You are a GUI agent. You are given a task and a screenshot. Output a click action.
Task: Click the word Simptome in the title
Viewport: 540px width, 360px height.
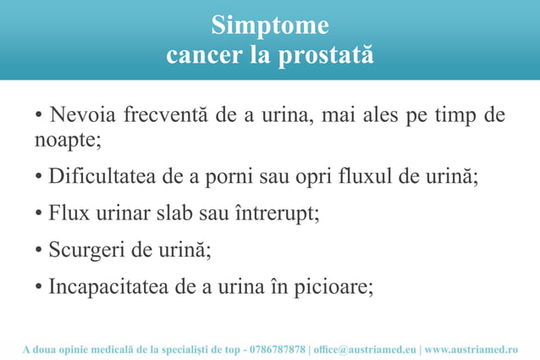pos(269,25)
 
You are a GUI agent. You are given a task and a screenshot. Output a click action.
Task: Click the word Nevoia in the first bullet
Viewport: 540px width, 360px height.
pos(84,115)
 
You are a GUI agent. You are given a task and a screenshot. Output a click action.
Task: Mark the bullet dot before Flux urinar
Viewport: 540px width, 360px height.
pos(39,214)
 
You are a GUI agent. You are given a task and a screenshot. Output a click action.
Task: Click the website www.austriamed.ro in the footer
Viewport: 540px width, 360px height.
pos(471,349)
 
